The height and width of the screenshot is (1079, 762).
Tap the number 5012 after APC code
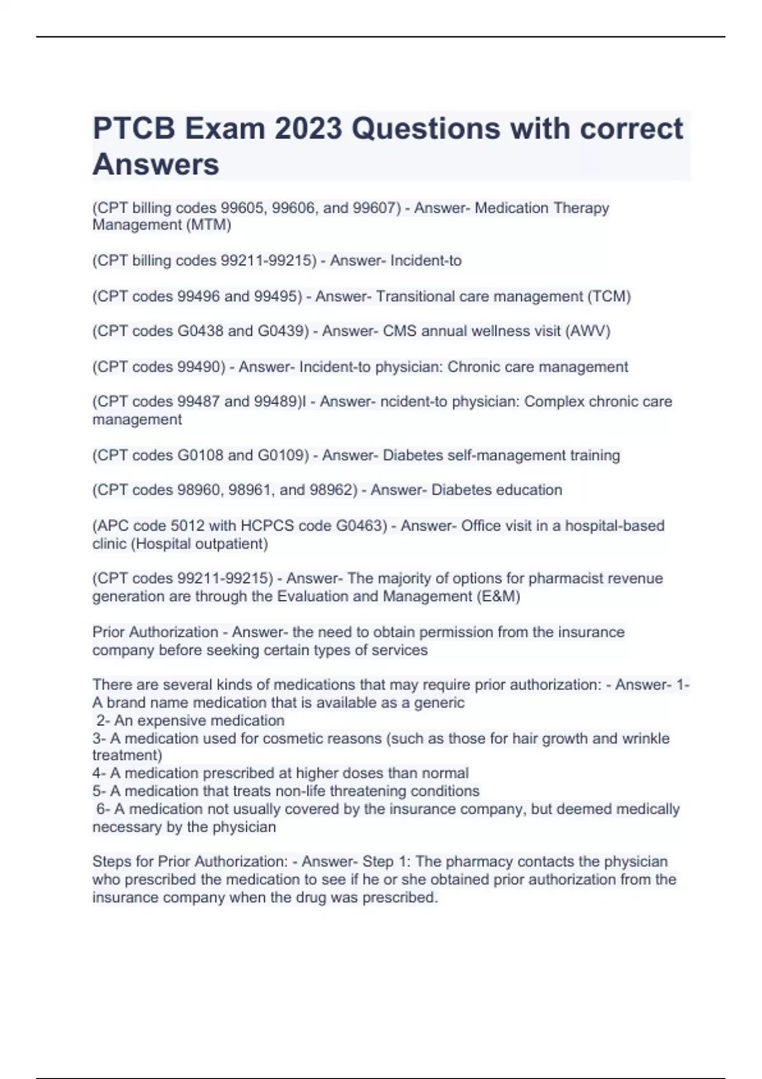[185, 526]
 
